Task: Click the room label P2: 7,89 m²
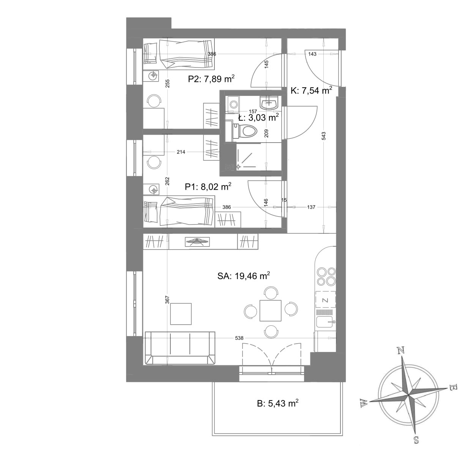[x=211, y=78]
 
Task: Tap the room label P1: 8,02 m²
[x=208, y=187]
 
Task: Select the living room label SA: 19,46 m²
[x=244, y=276]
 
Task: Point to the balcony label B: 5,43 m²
[x=277, y=403]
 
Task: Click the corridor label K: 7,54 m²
[x=311, y=91]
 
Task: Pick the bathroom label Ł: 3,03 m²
[x=258, y=118]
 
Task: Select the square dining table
[x=270, y=311]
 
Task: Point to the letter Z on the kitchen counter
[x=325, y=300]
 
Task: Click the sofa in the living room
[x=180, y=348]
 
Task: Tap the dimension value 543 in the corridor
[x=324, y=136]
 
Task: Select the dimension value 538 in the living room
[x=239, y=338]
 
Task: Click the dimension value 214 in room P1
[x=181, y=152]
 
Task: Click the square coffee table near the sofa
[x=181, y=314]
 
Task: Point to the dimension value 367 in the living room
[x=167, y=300]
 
